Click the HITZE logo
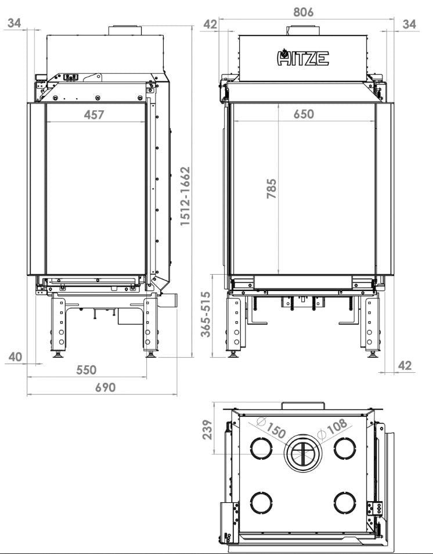tap(303, 57)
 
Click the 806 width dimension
tap(304, 12)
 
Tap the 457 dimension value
tap(94, 115)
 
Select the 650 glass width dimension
tap(304, 114)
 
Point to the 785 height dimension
tap(272, 189)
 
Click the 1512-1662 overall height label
tap(185, 196)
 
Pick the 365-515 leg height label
tap(205, 314)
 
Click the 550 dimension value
tap(86, 370)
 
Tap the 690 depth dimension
tap(105, 387)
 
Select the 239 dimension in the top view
tap(207, 430)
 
